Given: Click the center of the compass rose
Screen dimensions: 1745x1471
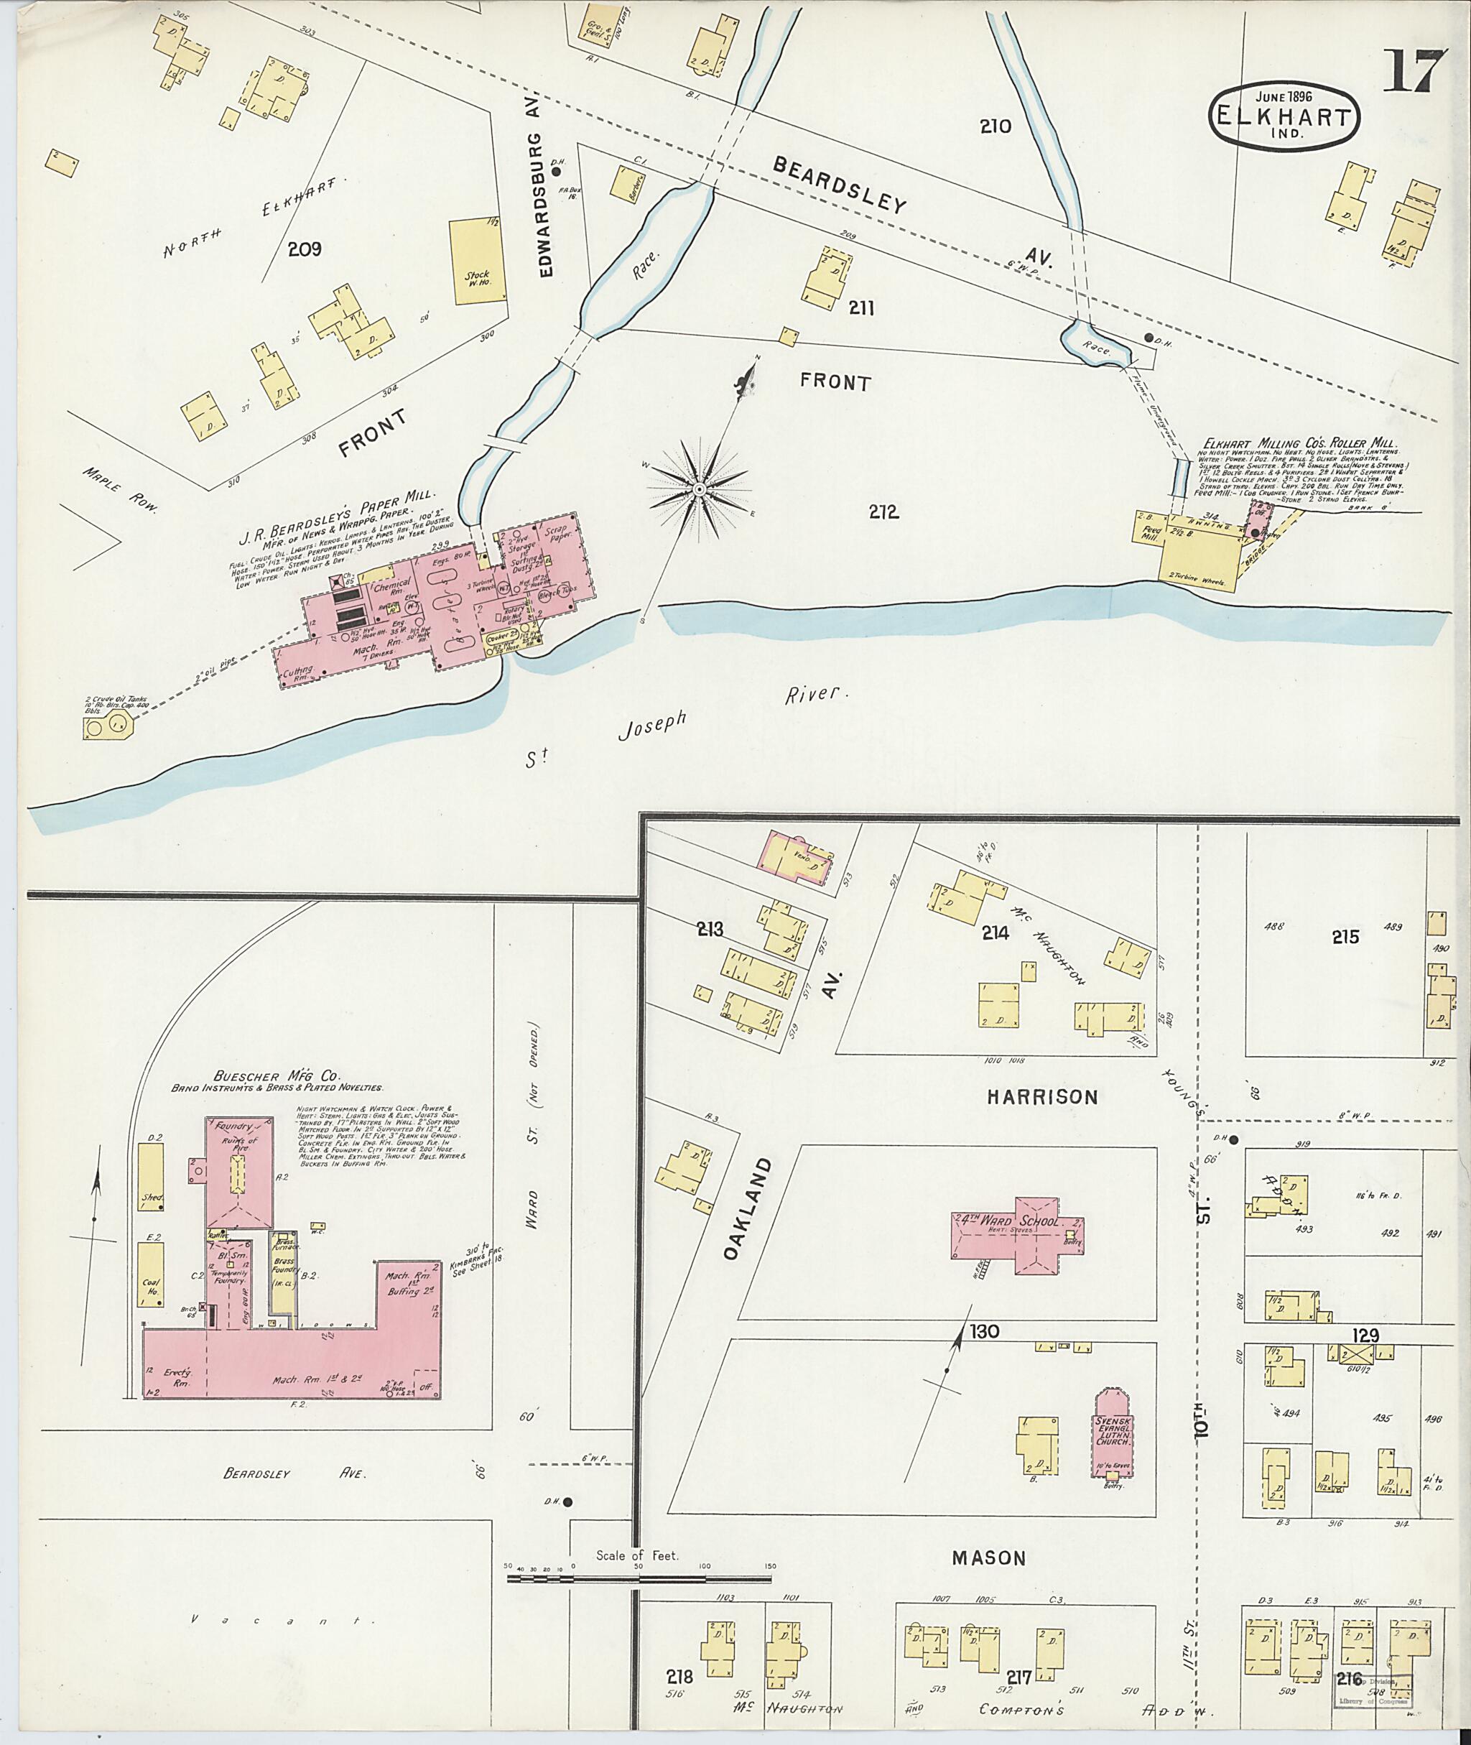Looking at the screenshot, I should coord(700,487).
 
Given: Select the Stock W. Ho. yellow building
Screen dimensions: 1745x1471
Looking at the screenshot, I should coord(478,262).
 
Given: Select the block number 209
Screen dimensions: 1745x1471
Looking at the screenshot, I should coord(305,249).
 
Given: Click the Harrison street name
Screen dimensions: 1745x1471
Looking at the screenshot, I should coord(1041,1097).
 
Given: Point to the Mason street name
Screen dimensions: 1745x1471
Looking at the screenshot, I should coord(988,1557).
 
